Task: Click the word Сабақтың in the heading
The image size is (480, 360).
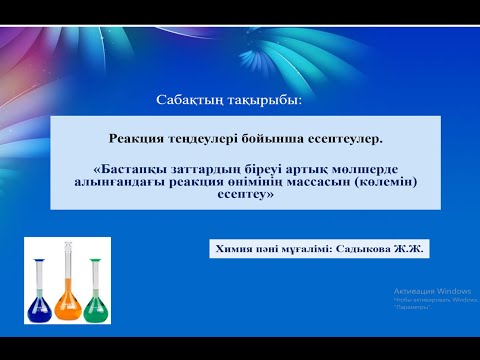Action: click(188, 102)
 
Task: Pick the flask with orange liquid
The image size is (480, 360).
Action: click(68, 295)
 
